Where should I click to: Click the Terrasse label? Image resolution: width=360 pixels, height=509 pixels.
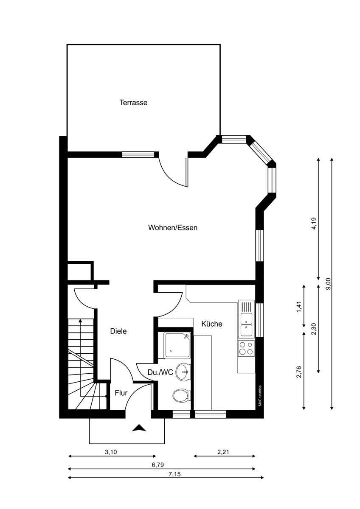point(133,103)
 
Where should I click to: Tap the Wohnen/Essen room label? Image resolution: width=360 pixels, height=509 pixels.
point(173,228)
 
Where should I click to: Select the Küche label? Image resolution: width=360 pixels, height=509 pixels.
point(212,324)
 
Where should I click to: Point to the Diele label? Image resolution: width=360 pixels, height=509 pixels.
point(118,331)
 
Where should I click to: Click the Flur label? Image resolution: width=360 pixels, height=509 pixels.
point(121,393)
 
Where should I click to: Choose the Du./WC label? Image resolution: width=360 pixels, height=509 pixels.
point(160,372)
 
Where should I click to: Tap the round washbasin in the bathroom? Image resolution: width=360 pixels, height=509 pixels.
point(183,372)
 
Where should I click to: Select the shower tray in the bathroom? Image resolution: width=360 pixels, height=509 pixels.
point(177,345)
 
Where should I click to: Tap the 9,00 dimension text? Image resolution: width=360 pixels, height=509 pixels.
point(329,284)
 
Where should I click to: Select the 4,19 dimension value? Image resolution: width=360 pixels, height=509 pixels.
point(314,224)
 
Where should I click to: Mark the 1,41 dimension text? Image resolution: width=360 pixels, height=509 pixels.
point(299,307)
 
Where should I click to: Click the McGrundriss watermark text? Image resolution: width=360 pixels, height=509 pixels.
point(260,396)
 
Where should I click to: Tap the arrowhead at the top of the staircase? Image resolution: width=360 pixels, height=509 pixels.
point(80,321)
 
